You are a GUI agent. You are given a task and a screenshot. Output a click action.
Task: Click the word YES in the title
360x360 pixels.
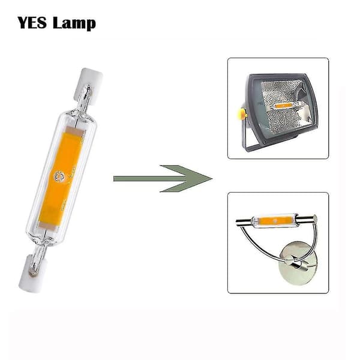click(32, 23)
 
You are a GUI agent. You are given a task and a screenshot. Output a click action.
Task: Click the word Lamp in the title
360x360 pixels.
click(74, 23)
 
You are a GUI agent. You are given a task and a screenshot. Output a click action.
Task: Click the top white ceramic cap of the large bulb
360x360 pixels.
click(88, 86)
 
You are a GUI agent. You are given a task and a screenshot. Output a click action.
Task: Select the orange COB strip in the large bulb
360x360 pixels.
click(61, 178)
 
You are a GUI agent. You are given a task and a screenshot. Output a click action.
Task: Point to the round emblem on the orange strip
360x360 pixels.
click(59, 176)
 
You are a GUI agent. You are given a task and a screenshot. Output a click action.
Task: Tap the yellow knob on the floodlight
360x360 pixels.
click(241, 114)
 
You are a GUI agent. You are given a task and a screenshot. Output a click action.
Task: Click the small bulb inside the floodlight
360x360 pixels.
click(284, 106)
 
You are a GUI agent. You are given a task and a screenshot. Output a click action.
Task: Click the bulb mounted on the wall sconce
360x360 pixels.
click(275, 221)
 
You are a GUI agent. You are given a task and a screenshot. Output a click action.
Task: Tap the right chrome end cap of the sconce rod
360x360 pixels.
click(314, 218)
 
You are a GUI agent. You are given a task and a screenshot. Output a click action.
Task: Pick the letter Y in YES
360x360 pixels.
click(23, 23)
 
